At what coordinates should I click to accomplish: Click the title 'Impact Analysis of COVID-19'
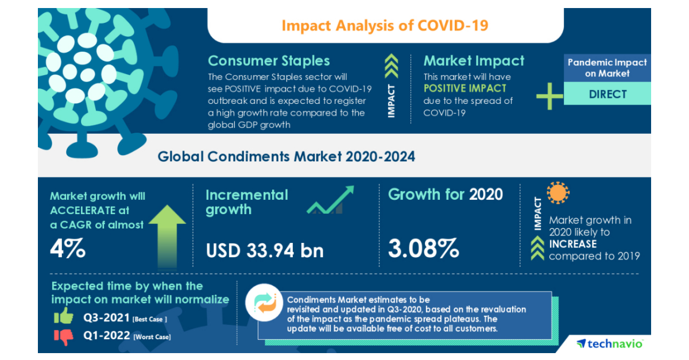(x=385, y=26)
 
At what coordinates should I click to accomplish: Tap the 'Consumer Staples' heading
(x=269, y=61)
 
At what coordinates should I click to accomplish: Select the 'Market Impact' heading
(x=474, y=61)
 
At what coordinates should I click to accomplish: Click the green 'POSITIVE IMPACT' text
(x=465, y=88)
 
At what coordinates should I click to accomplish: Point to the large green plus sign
(x=549, y=95)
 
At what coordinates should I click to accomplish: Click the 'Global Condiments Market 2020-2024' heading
(x=286, y=156)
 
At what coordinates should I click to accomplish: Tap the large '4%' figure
(x=68, y=249)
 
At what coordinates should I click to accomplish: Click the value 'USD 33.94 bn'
(x=265, y=250)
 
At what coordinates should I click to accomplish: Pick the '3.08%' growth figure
(x=424, y=249)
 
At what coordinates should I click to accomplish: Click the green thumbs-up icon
(x=64, y=316)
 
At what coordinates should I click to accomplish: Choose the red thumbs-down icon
(x=64, y=336)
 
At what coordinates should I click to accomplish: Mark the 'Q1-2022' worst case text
(x=106, y=336)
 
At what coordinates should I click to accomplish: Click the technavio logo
(x=610, y=343)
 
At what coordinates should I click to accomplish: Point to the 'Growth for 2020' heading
(x=445, y=195)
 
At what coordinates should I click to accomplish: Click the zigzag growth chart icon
(x=331, y=200)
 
